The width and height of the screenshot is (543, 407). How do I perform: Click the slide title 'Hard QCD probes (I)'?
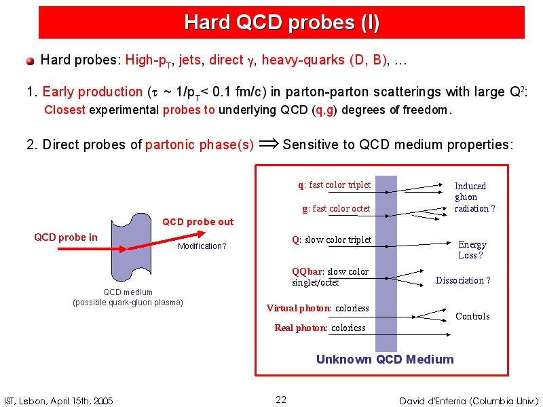click(282, 22)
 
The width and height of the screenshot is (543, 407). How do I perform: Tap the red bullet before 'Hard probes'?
click(30, 61)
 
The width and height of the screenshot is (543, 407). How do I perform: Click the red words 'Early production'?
click(92, 92)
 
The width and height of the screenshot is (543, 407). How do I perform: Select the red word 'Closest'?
click(64, 110)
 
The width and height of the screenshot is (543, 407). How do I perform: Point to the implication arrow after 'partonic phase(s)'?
click(269, 144)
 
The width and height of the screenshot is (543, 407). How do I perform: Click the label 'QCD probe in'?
click(66, 237)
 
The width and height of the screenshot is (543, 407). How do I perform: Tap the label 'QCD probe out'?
click(198, 222)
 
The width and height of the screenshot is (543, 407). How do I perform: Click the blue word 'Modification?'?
click(202, 246)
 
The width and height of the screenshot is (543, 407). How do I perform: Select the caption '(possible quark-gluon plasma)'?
click(128, 303)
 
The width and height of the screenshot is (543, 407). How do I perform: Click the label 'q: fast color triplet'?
click(334, 185)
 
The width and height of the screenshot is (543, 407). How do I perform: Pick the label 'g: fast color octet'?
click(336, 209)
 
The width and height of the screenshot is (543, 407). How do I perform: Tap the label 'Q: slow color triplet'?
click(332, 240)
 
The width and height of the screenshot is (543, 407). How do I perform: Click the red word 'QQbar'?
click(307, 272)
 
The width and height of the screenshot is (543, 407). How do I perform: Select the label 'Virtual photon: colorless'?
click(318, 308)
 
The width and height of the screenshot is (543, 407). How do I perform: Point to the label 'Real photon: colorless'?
click(320, 328)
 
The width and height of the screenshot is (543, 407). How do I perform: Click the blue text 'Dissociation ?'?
click(463, 280)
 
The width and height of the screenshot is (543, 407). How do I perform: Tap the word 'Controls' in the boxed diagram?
click(472, 316)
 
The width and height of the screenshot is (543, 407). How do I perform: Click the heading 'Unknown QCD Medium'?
click(385, 360)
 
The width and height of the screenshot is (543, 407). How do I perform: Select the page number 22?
click(281, 400)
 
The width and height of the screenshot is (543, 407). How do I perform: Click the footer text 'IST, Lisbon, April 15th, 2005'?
click(58, 401)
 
